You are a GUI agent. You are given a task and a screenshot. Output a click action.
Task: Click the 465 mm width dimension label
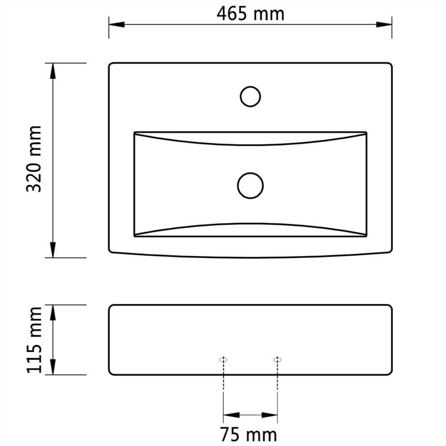250,14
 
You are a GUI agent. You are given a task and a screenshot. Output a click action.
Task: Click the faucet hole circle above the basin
250,96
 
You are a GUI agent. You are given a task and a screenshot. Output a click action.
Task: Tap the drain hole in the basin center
250,185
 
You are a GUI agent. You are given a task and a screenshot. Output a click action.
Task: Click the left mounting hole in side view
223,359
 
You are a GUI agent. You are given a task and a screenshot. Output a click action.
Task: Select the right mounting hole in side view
277,359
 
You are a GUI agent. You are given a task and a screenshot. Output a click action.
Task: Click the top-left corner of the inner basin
135,132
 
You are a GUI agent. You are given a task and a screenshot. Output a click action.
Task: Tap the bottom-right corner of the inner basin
366,236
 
